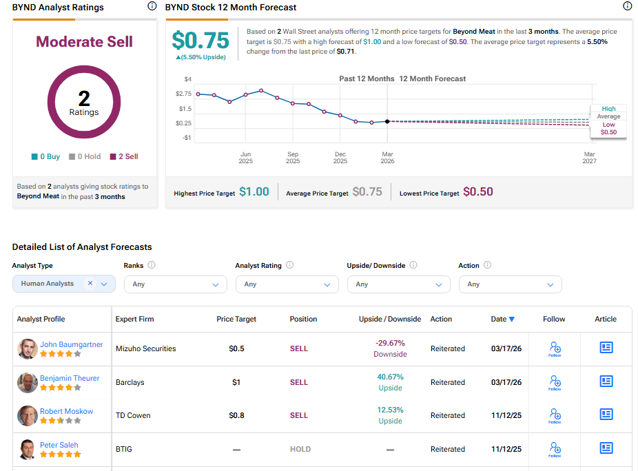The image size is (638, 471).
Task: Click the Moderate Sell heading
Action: point(84,41)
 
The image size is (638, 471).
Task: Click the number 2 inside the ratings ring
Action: point(84,98)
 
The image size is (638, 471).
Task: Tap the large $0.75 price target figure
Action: point(200,40)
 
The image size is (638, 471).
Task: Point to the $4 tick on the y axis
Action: point(187,79)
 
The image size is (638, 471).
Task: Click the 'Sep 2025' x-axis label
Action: point(293,158)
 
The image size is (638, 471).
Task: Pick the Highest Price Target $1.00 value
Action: point(254,192)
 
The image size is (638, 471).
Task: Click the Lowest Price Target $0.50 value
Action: point(477,192)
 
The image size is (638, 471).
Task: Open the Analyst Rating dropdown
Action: point(287,284)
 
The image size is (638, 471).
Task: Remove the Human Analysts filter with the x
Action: point(90,284)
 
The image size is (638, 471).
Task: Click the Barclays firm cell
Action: point(131,382)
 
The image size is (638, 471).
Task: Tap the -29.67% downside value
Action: point(390,343)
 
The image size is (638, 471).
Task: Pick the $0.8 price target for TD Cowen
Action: point(236,416)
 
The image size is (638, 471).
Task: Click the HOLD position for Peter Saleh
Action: point(300,449)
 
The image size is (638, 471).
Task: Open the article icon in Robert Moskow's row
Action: point(606,415)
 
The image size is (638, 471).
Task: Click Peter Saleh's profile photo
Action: point(28,450)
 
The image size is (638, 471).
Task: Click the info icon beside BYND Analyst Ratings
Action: point(152,6)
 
